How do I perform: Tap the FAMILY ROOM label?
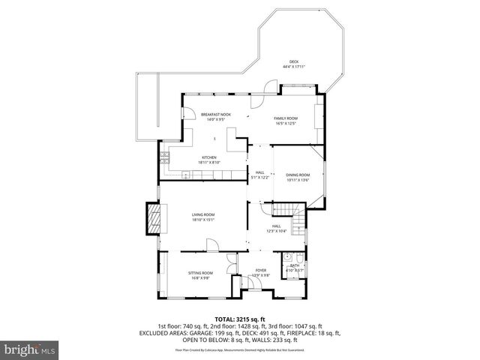tap(286, 118)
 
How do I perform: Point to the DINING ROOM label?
tap(298, 175)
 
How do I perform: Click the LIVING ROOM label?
tap(202, 214)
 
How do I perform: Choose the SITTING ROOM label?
tap(200, 273)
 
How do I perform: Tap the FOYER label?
tap(260, 270)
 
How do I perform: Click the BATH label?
tap(294, 265)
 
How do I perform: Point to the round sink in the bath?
tap(287, 258)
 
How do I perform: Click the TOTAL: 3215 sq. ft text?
tap(239, 319)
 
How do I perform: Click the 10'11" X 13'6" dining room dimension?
tap(298, 180)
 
